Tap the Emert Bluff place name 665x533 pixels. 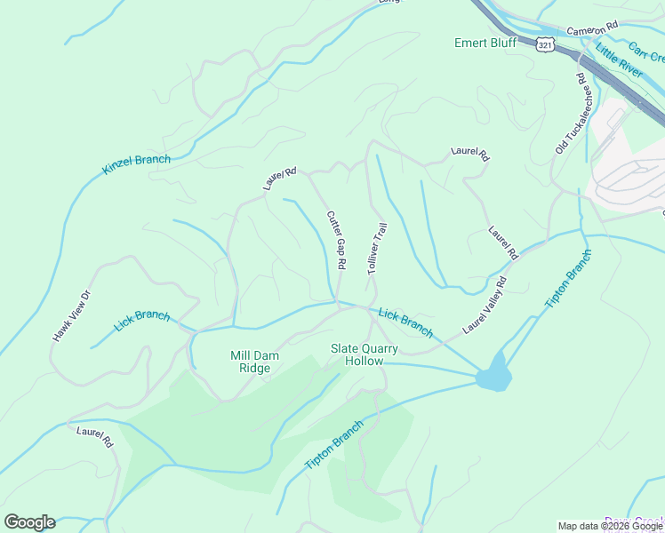(x=485, y=43)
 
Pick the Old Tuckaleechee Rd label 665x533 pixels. (x=572, y=114)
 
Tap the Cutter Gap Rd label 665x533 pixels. (x=335, y=240)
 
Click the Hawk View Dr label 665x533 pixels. (x=72, y=316)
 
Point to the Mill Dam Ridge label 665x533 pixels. (x=255, y=362)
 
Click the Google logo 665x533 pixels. (x=29, y=521)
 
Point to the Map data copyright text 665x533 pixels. (x=610, y=526)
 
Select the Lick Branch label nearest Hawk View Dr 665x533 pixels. (x=142, y=321)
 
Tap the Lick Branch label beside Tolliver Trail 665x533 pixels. (x=405, y=323)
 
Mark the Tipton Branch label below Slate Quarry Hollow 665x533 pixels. (x=334, y=446)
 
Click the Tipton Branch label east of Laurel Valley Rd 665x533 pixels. (x=567, y=280)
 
